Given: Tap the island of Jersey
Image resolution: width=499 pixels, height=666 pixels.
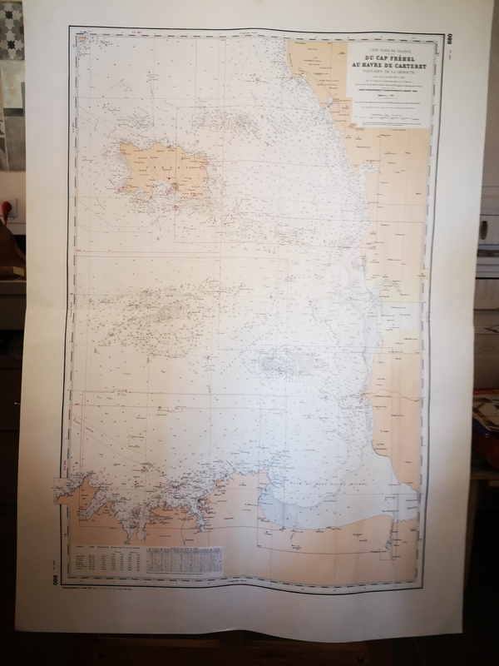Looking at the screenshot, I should (163, 166).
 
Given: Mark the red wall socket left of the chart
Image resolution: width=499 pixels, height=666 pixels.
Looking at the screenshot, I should (11, 207).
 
